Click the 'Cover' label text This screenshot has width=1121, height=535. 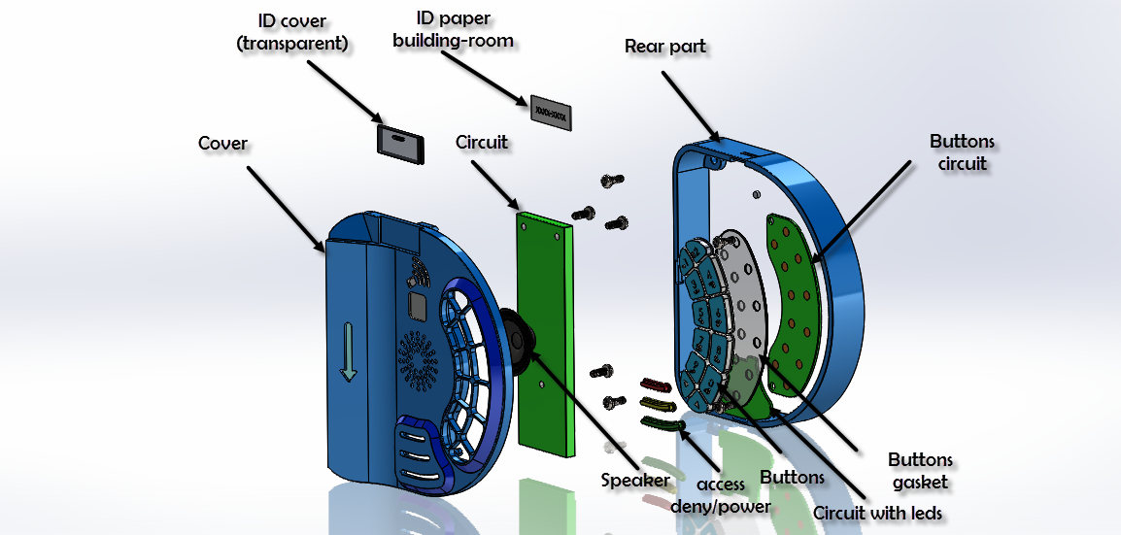222,144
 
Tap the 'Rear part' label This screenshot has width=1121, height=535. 665,47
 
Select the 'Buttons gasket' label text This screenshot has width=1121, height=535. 920,469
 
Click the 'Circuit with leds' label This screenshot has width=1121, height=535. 877,513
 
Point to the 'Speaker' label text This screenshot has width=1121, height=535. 635,480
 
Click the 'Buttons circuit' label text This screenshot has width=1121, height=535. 962,152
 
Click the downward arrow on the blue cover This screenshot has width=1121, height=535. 350,353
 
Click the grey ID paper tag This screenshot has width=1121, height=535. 552,115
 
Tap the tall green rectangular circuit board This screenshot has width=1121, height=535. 544,330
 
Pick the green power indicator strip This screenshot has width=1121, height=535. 662,421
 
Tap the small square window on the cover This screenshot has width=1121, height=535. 419,307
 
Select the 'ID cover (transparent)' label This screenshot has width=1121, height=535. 292,32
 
